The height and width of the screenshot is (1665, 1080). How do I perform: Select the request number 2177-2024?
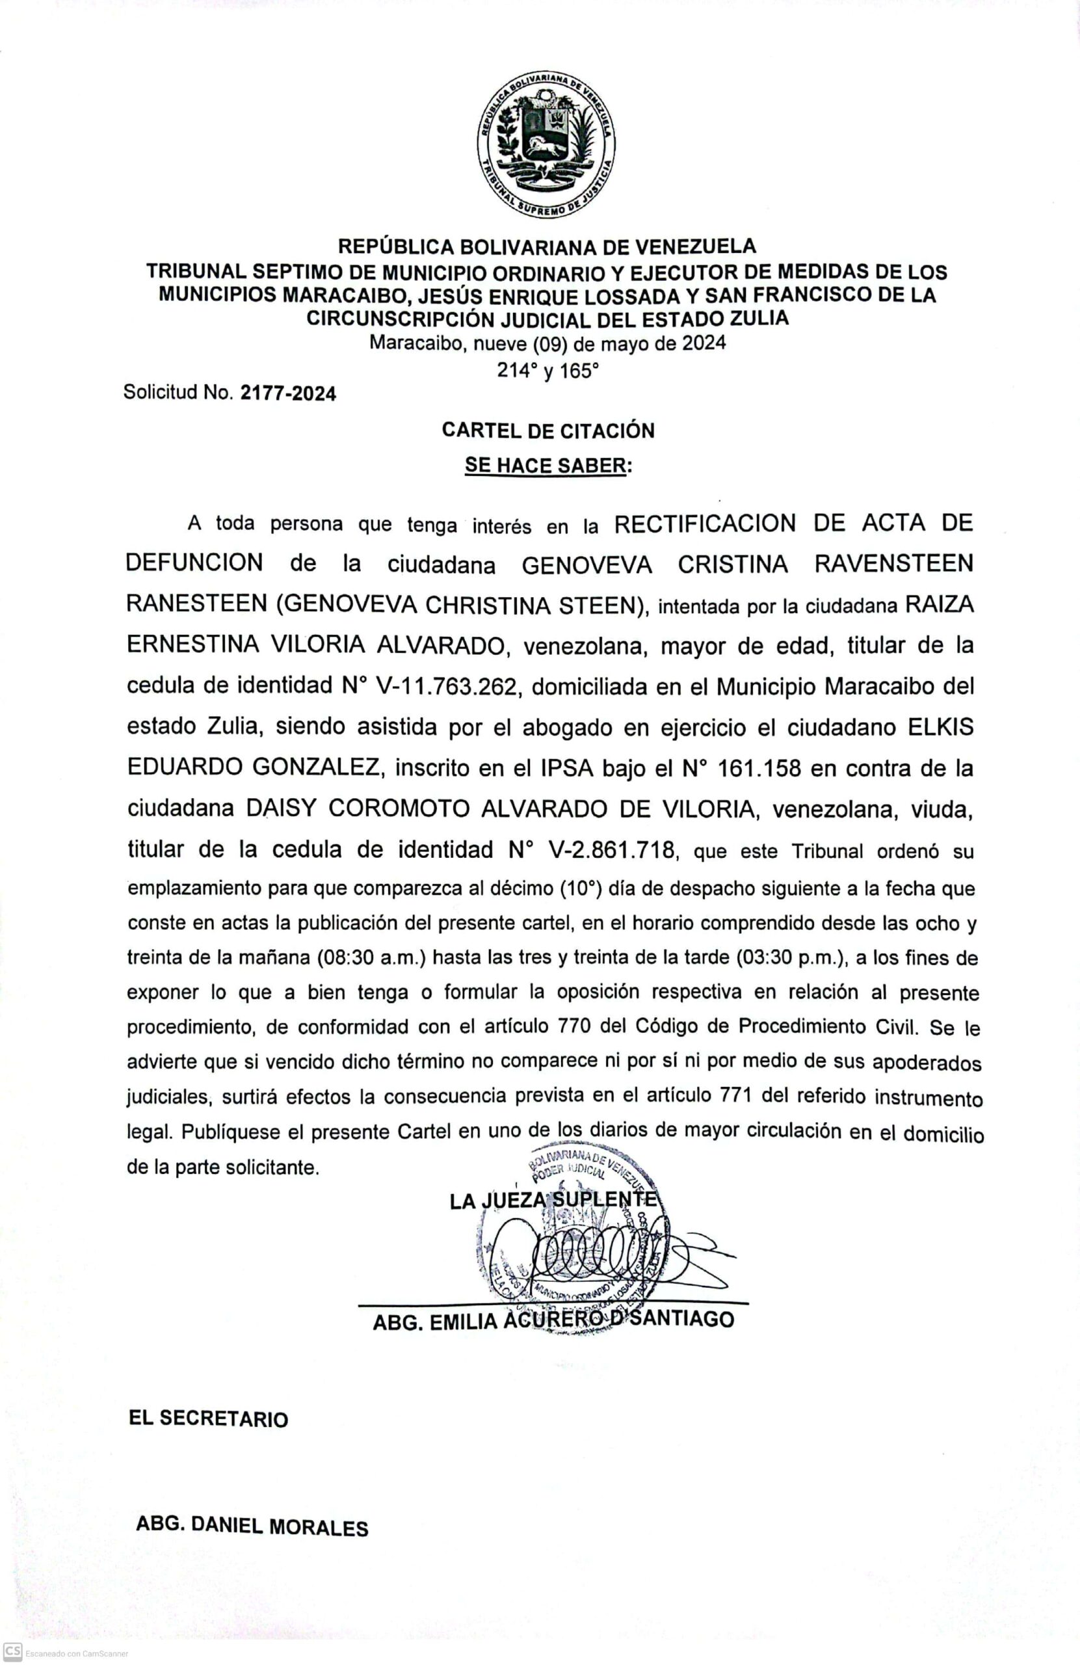click(x=287, y=394)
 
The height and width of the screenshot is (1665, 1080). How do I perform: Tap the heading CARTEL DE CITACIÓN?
click(x=547, y=431)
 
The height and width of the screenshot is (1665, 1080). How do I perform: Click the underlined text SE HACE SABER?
click(x=545, y=466)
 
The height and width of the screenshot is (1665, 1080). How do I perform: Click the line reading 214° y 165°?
click(x=547, y=370)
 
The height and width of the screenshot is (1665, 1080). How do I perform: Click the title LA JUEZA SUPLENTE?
click(x=553, y=1201)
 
